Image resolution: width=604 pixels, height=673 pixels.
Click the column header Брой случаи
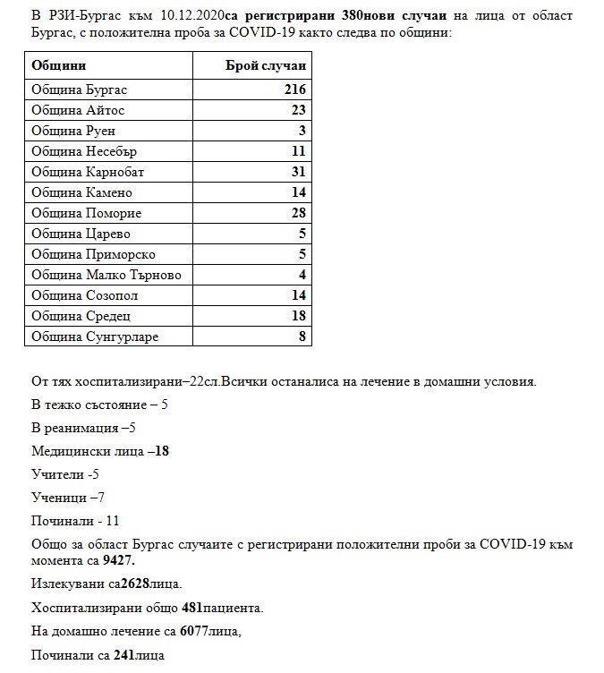pos(264,67)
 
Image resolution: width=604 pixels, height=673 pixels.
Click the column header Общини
pos(59,67)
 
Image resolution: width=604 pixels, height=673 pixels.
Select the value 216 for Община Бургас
pos(294,89)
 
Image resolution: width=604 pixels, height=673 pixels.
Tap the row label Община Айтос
pos(78,110)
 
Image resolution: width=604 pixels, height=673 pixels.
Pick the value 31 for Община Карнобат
pos(298,172)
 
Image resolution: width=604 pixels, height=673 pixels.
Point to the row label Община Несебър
pos(84,151)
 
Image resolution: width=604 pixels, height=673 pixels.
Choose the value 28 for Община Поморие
pos(298,213)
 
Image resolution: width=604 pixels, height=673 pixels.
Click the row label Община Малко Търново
pos(106,275)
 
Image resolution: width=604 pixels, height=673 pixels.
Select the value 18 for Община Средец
pos(298,316)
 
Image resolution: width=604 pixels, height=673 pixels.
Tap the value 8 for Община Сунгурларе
pos(302,336)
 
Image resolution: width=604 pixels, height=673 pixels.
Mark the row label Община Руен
pos(73,131)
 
